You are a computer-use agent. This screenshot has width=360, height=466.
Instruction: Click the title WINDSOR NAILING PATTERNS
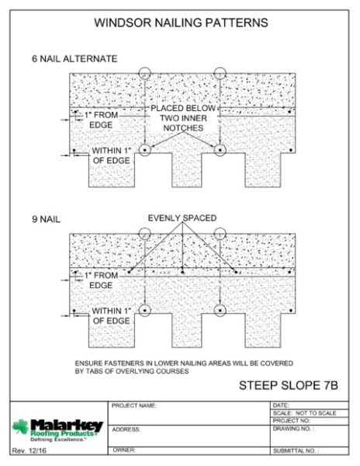click(181, 23)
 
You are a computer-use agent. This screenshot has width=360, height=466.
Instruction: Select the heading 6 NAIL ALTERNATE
click(74, 59)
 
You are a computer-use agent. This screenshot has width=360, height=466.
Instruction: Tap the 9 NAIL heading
click(46, 219)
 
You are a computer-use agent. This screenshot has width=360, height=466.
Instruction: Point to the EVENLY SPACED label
click(182, 217)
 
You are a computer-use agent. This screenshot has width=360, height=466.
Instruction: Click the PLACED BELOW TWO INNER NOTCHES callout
click(183, 118)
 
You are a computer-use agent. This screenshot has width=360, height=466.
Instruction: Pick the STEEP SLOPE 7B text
click(289, 385)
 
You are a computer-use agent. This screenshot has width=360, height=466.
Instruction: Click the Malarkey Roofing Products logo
click(57, 430)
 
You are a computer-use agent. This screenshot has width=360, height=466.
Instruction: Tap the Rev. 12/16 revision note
click(29, 450)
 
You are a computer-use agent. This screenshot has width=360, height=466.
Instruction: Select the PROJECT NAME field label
click(134, 405)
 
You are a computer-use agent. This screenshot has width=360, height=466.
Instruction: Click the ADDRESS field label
click(126, 429)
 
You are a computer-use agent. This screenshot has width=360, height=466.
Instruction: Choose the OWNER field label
click(124, 450)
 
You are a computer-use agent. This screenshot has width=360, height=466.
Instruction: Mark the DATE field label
click(280, 405)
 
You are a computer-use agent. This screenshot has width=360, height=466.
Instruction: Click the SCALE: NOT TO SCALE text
click(304, 413)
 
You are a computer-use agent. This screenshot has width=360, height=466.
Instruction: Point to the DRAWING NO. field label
click(293, 429)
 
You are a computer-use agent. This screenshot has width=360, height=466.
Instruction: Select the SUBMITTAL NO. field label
click(296, 450)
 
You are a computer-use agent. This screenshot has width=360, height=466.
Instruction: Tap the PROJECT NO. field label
click(292, 420)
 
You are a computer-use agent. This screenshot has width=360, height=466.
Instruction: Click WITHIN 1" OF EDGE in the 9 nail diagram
click(111, 316)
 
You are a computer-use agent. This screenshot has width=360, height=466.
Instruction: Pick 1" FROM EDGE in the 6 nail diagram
click(101, 120)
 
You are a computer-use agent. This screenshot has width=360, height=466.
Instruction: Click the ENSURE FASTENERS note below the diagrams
click(184, 367)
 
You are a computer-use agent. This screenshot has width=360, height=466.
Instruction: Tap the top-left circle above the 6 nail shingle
click(145, 68)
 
